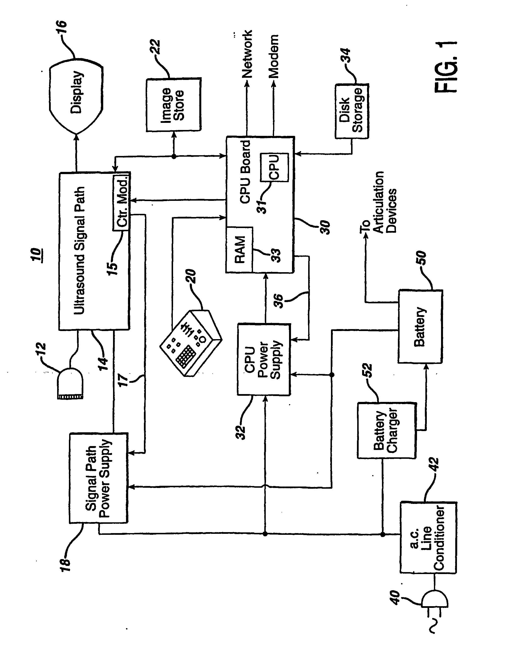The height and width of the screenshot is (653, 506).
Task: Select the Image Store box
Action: pos(173,105)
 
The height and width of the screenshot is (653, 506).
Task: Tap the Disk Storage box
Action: pos(352,111)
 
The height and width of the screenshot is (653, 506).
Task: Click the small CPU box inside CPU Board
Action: pos(274,167)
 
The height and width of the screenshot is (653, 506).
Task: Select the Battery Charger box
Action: pos(386,431)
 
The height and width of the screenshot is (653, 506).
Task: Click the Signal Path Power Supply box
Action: pos(99,478)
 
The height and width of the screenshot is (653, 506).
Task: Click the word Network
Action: pos(247,54)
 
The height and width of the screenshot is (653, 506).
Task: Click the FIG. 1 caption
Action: pos(445,67)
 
